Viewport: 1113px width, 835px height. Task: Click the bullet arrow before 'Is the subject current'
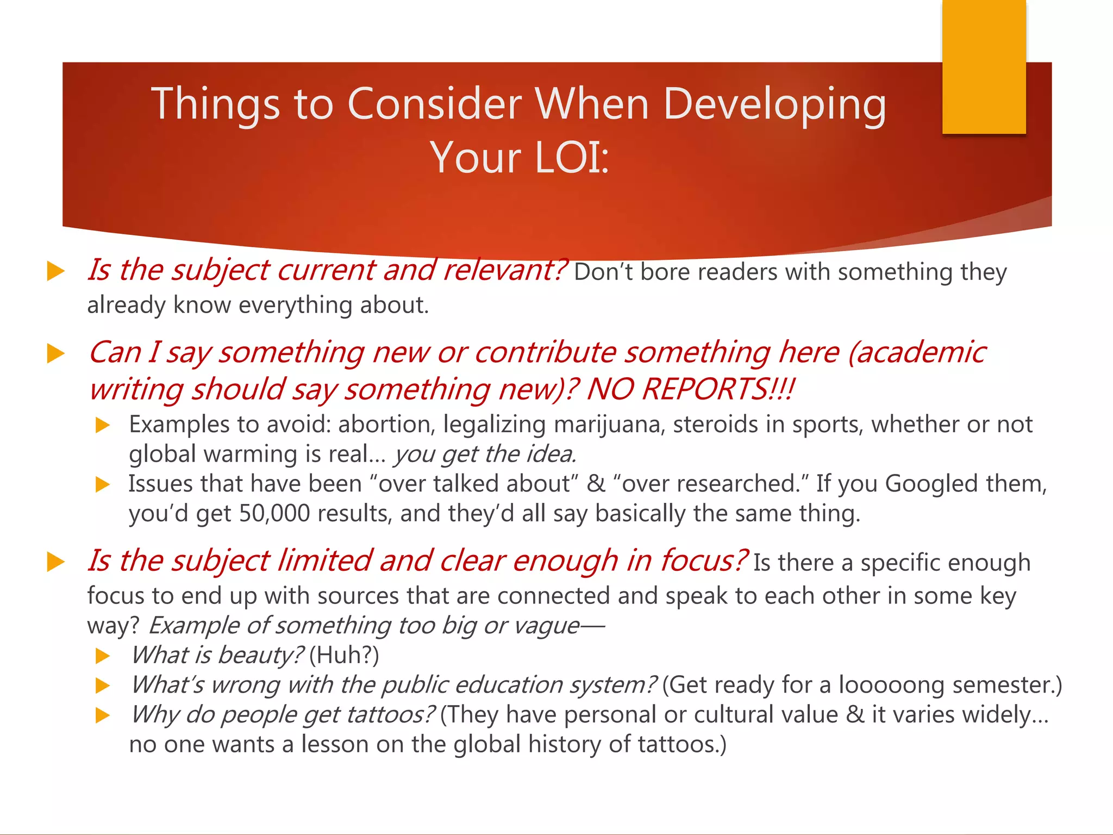click(56, 271)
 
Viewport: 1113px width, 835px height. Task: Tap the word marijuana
click(609, 425)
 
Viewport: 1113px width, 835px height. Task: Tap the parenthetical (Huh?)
click(344, 655)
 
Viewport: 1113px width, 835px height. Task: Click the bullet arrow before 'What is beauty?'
click(103, 656)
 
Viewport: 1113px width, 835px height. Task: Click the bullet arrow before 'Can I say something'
click(56, 354)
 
